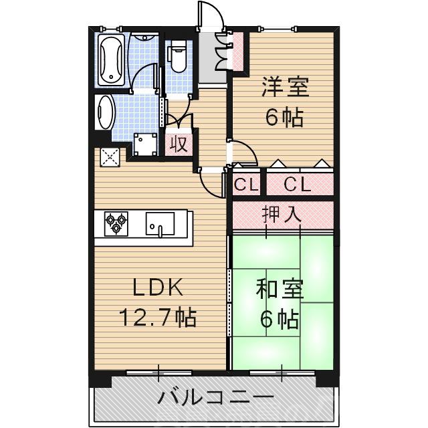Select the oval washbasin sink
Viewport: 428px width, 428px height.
(x=105, y=111)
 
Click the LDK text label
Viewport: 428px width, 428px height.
(x=158, y=288)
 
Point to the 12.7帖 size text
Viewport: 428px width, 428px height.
(x=158, y=316)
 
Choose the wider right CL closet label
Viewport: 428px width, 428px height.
(x=298, y=185)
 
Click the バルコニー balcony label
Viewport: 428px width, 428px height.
(x=215, y=399)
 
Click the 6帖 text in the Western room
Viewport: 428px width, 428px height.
(x=284, y=118)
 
